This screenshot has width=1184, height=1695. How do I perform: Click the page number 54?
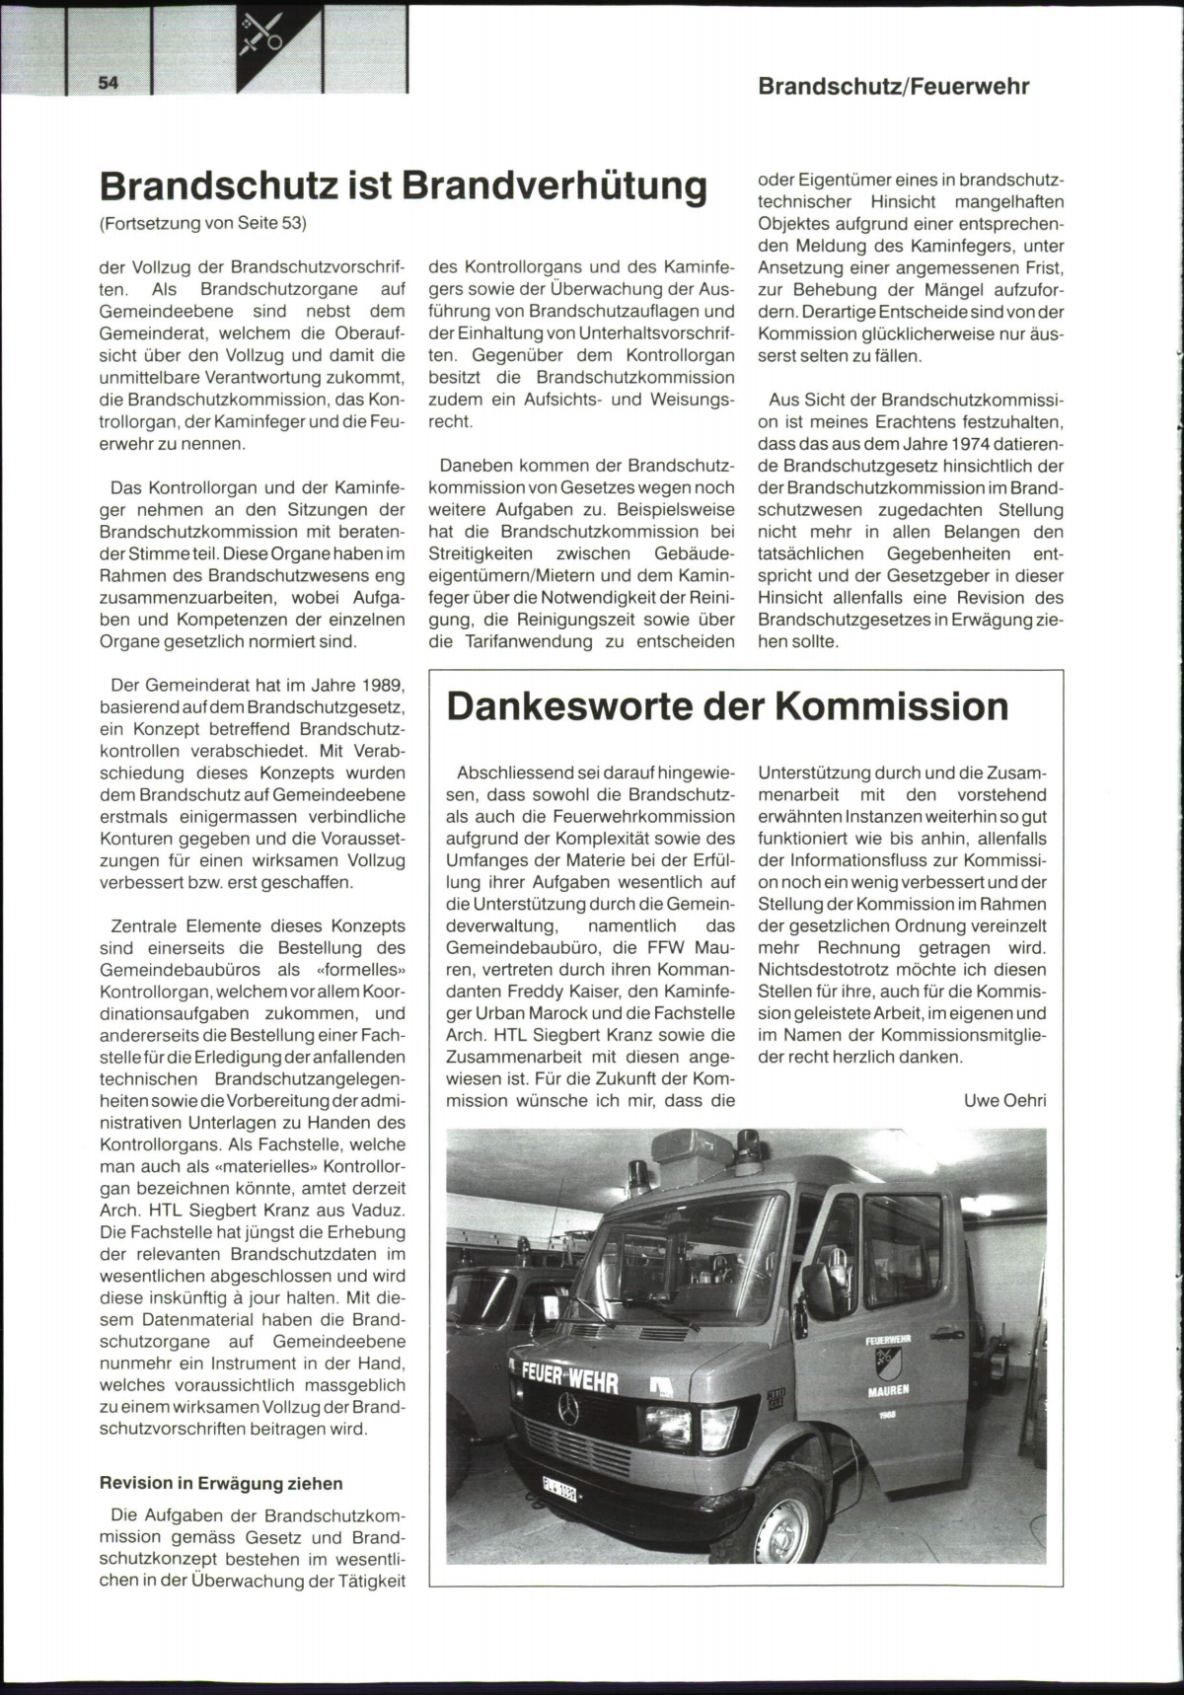(x=108, y=83)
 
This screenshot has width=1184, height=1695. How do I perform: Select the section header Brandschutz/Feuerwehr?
(x=893, y=86)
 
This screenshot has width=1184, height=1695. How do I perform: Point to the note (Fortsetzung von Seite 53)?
(x=203, y=223)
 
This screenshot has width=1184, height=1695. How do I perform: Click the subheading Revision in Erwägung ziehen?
(x=222, y=1483)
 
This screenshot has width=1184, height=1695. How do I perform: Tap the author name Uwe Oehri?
(x=1004, y=1100)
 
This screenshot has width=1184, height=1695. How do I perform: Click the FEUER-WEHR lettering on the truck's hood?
(x=570, y=1378)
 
